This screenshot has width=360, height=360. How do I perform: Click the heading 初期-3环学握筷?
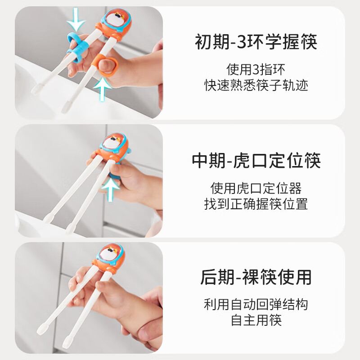[256, 43]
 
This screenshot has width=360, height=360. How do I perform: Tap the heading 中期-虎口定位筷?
[256, 161]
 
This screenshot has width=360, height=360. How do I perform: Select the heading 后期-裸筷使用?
[256, 278]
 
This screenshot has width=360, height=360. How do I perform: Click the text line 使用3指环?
[256, 70]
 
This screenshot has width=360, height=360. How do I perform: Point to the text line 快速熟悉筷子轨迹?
[256, 85]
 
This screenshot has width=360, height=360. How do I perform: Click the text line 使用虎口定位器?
[256, 188]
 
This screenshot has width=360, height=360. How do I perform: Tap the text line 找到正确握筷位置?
[256, 204]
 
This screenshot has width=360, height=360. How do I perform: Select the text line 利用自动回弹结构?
[256, 305]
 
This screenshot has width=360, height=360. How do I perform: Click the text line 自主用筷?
[256, 321]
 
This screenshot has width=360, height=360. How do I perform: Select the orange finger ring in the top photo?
[107, 66]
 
